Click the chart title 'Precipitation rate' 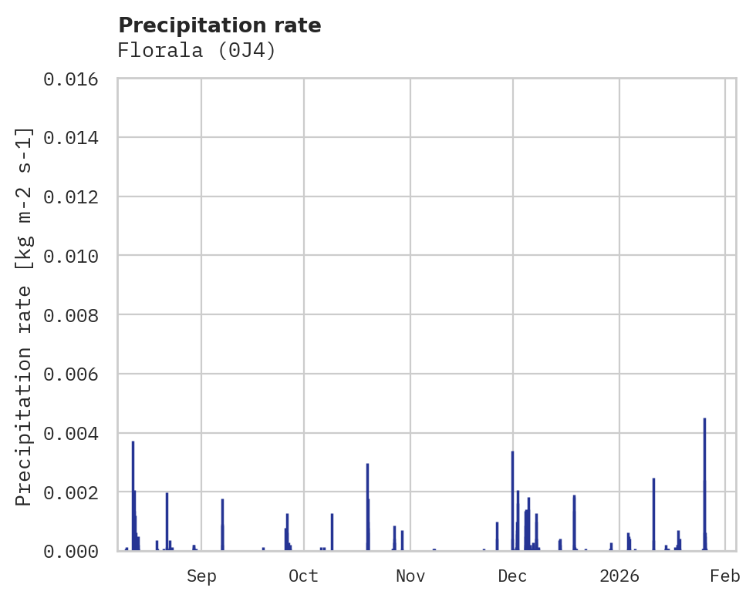(219, 25)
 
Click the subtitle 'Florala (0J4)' (196, 51)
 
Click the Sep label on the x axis (201, 576)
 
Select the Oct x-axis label (303, 576)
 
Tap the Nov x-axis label (410, 576)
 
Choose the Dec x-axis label (512, 576)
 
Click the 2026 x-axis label (619, 576)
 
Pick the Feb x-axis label (725, 576)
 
